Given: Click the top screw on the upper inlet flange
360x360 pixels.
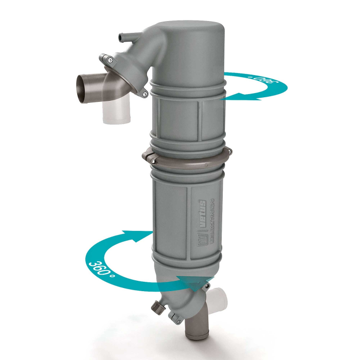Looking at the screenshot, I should point(110,61).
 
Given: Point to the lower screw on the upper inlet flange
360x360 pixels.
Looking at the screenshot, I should point(146,94).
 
